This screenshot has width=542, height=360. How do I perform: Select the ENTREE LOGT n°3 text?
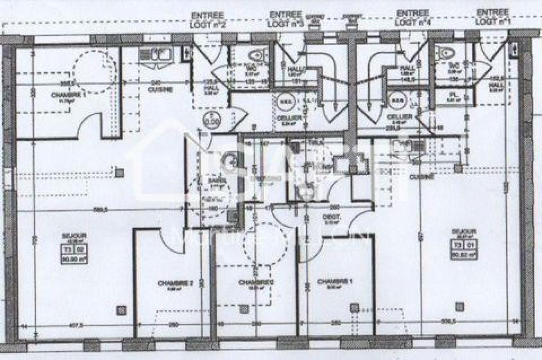(x=286, y=18)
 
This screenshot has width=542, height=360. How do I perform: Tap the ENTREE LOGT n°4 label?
(x=412, y=18)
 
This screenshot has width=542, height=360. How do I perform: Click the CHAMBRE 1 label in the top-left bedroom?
(x=68, y=95)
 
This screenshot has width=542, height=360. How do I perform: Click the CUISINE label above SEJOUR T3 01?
(x=421, y=177)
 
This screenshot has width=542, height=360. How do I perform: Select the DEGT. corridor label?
(x=334, y=217)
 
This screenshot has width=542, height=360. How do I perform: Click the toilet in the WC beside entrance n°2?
(x=256, y=56)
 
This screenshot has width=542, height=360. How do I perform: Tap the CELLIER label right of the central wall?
(x=399, y=117)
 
